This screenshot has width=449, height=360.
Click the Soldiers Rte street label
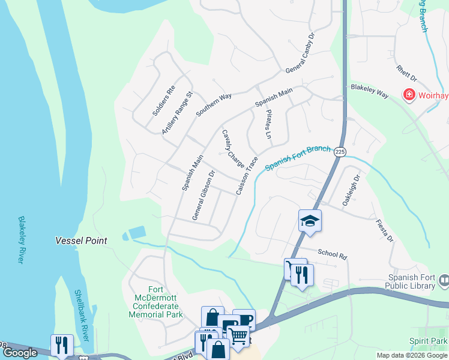click(163, 101)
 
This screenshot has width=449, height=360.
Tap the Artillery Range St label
click(177, 113)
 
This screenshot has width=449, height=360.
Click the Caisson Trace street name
click(247, 175)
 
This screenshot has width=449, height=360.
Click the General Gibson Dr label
click(203, 196)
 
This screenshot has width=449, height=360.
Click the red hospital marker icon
click(409, 95)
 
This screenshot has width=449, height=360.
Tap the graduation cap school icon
click(310, 221)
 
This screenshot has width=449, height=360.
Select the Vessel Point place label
click(81, 241)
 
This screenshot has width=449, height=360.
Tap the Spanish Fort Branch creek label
click(298, 158)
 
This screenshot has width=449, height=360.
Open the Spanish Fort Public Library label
click(412, 281)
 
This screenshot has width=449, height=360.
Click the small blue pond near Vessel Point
click(136, 233)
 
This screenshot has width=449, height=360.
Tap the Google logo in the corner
click(20, 353)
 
